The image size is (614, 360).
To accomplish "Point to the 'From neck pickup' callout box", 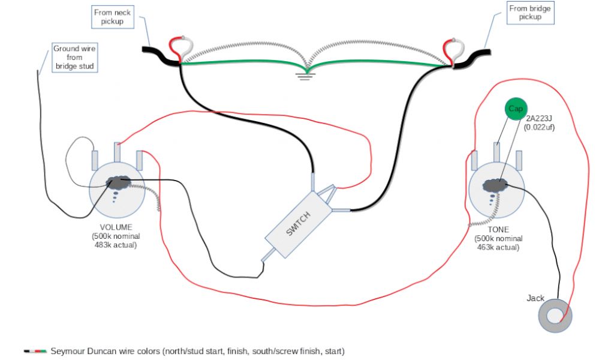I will (113, 17).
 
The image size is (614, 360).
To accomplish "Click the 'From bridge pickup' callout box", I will (531, 13).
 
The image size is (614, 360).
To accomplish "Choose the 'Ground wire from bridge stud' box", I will (74, 58).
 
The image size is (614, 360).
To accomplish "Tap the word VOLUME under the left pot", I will (116, 227).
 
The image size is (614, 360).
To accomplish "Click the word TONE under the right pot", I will (498, 229).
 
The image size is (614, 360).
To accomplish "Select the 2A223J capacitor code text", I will (538, 119).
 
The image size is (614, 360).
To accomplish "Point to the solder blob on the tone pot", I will (495, 186).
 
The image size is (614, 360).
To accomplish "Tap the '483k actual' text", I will (116, 245).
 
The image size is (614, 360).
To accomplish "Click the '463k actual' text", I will (498, 247).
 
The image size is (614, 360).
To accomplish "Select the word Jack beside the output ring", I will (535, 298).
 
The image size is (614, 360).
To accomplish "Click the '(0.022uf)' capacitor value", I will (538, 127).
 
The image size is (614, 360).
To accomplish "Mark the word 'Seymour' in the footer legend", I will (68, 350).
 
